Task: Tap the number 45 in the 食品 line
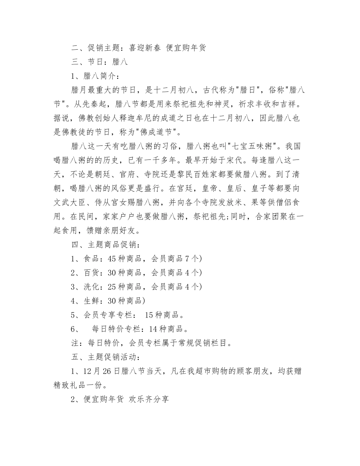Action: [x=112, y=259]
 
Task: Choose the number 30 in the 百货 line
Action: [x=112, y=273]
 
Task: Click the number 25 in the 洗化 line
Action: [x=112, y=287]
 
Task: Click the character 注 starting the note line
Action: [x=75, y=343]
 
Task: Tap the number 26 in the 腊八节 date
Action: [x=104, y=371]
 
